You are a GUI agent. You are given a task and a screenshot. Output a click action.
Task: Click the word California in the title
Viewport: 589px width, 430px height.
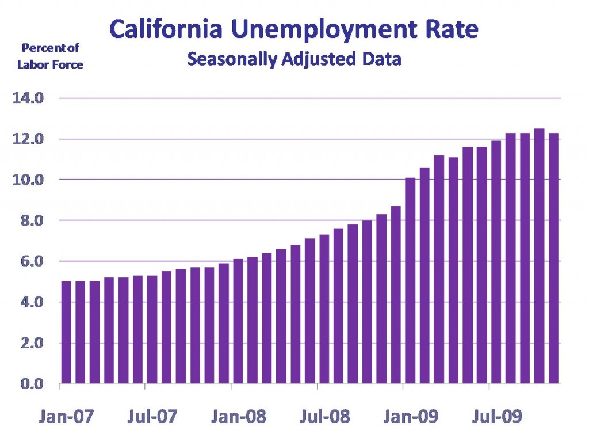166,29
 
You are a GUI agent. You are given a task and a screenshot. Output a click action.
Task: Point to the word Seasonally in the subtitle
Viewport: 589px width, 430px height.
232,59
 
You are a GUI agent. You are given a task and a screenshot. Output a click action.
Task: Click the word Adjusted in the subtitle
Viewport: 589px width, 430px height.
319,59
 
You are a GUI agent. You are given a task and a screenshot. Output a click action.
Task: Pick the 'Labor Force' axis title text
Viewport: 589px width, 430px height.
51,64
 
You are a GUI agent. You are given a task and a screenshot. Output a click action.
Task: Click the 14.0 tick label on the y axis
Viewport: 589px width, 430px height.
28,98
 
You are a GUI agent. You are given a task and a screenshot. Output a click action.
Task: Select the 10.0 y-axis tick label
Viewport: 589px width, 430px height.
28,180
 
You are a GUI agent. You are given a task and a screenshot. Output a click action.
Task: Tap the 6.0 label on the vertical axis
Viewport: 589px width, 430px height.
32,261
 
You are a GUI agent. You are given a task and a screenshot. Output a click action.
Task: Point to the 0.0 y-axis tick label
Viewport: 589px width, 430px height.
32,384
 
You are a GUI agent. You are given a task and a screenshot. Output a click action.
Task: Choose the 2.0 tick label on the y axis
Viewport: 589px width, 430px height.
32,343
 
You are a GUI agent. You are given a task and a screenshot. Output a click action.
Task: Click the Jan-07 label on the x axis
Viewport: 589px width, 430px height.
66,416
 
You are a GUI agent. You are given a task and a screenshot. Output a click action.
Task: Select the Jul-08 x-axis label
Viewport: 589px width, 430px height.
325,416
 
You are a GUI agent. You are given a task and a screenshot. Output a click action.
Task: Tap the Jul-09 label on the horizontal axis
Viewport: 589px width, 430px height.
498,416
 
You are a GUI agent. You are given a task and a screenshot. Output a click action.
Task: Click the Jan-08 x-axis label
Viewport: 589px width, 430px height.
239,416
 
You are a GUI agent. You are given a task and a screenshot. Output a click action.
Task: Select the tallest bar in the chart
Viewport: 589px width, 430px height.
540,256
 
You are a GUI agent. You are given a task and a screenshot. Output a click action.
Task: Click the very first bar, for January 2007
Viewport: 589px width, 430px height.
66,332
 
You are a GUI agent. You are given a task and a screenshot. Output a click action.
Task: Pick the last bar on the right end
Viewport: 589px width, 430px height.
554,258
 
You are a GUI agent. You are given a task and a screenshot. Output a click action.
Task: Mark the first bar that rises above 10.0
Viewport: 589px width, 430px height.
410,280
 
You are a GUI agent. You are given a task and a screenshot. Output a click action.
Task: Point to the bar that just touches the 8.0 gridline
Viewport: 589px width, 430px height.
367,302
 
